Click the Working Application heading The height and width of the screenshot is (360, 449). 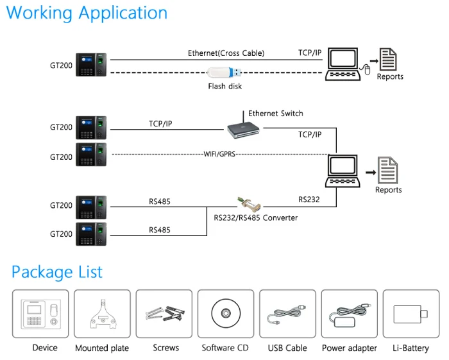pos(87,13)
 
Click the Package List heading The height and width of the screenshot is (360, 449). pos(57,271)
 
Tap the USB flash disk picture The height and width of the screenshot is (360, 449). pos(224,73)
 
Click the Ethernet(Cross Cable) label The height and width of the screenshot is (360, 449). pos(226,53)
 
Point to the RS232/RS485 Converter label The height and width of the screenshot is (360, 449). pos(255,218)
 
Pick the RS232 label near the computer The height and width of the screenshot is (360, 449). pos(309,200)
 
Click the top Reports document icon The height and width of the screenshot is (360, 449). pos(387,60)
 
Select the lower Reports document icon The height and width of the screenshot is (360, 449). pos(387,171)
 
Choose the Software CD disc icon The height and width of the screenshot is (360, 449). pos(225,314)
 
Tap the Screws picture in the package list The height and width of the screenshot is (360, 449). pos(164,314)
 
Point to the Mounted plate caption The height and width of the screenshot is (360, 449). pos(102,348)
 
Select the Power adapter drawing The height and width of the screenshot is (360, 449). pos(349,314)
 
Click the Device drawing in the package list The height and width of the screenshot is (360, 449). pos(40,314)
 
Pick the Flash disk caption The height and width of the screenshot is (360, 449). pos(225,86)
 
